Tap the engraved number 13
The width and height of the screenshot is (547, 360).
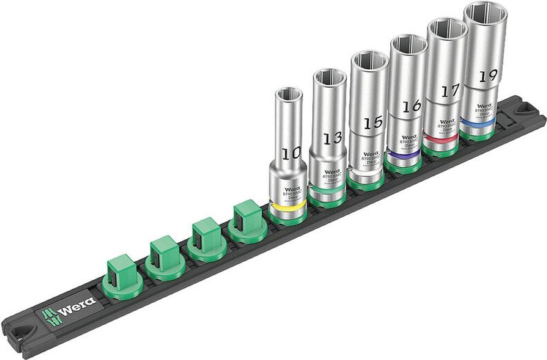[x=333, y=138]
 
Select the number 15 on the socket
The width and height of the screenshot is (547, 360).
[x=373, y=122]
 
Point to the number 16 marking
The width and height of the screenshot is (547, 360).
[x=412, y=106]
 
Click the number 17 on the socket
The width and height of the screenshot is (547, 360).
[x=450, y=91]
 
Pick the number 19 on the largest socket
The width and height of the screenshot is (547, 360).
[x=488, y=75]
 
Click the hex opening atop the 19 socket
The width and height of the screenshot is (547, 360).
[x=485, y=15]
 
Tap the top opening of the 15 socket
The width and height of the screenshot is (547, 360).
[x=368, y=61]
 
